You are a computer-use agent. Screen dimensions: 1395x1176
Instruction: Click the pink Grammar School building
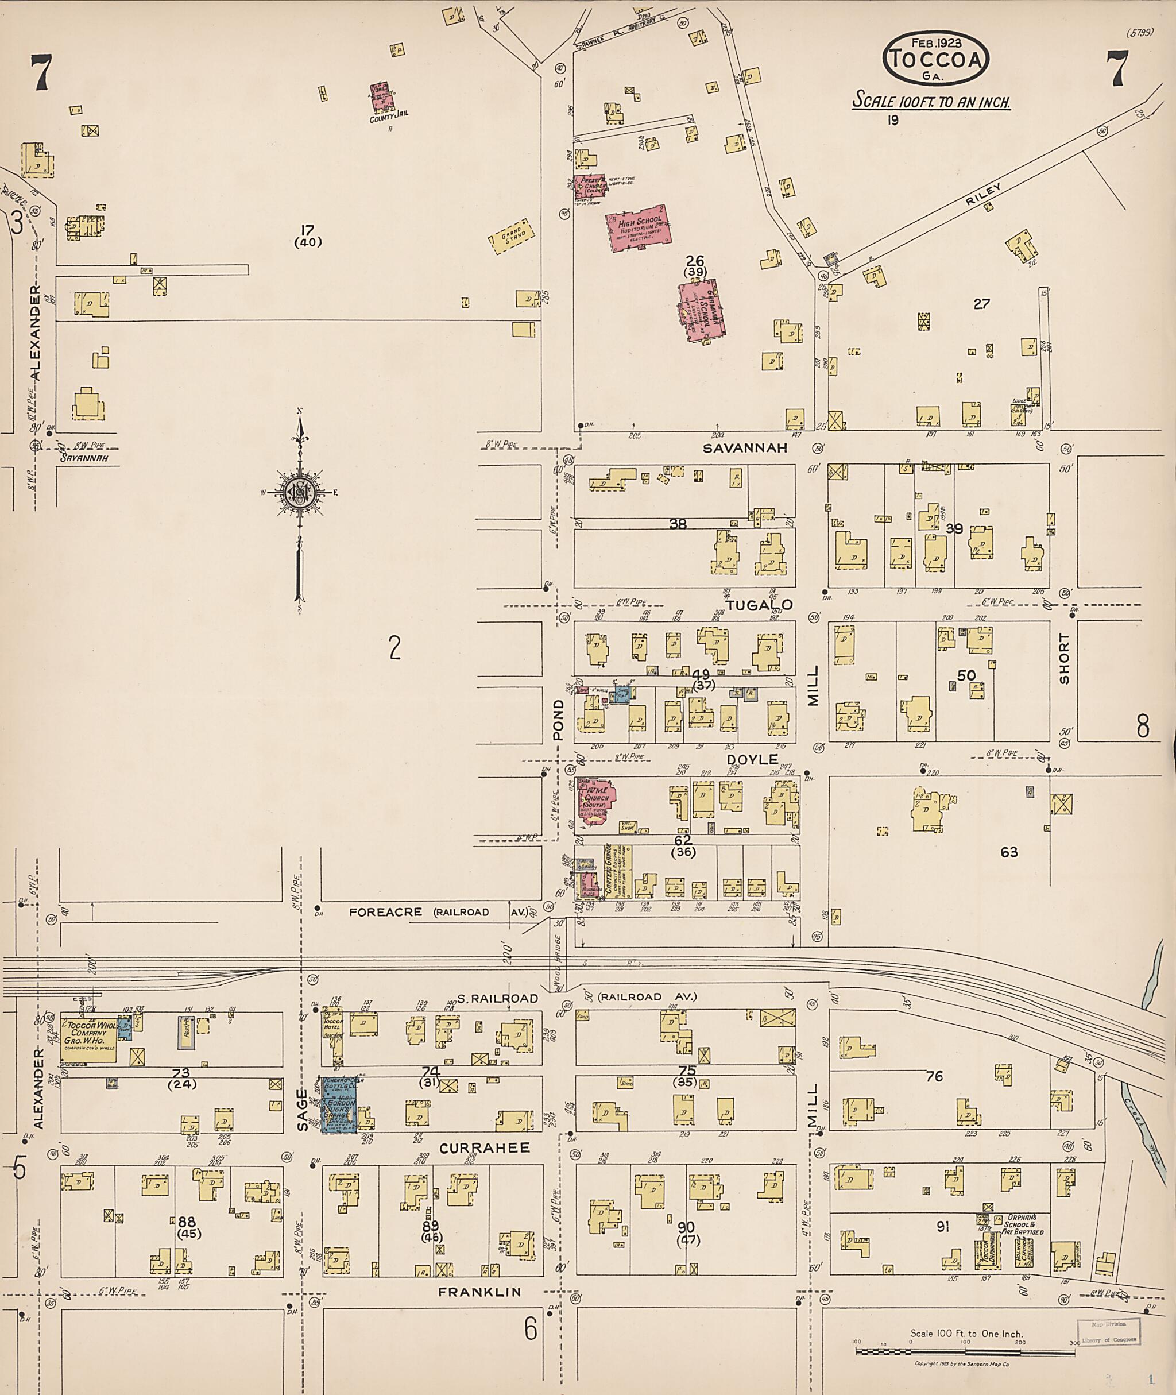click(x=702, y=310)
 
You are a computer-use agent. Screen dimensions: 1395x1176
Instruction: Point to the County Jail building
click(x=381, y=98)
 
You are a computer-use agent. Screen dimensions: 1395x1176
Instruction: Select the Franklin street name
click(x=479, y=1292)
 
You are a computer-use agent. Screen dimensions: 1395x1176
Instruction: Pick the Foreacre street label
click(x=385, y=911)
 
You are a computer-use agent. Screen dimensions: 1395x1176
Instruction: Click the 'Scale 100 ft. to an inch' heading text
click(x=932, y=103)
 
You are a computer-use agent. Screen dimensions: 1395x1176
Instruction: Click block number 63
click(x=1009, y=852)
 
